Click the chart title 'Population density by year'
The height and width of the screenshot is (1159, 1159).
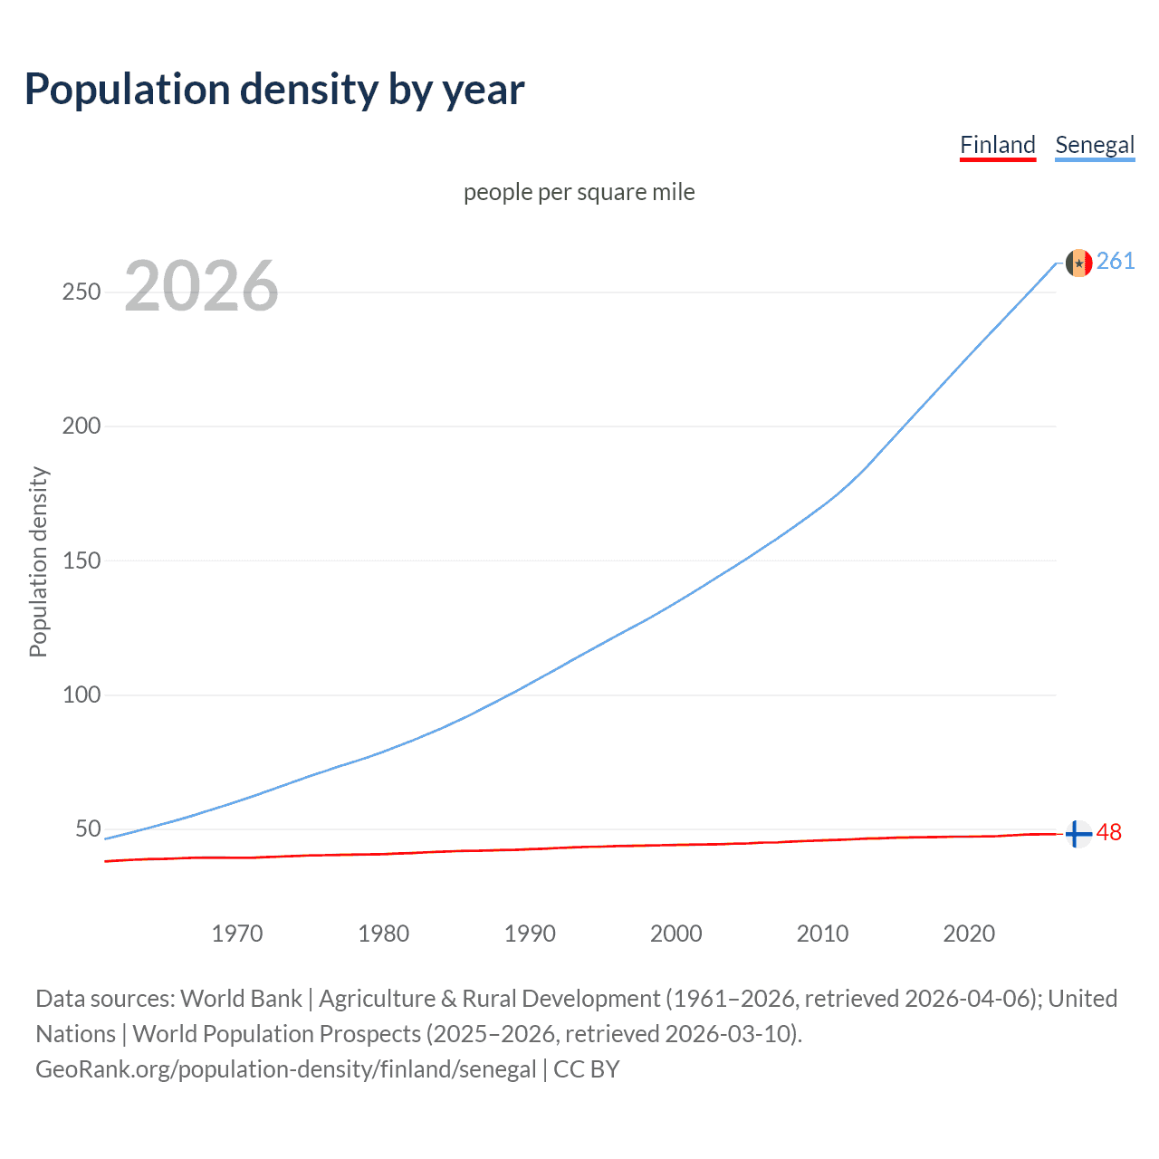tap(274, 90)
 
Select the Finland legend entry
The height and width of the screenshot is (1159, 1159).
tap(997, 145)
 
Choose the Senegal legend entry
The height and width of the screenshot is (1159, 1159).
tap(1095, 145)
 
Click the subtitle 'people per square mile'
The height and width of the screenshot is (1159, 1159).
tap(579, 192)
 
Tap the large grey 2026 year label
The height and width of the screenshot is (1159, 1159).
tap(201, 286)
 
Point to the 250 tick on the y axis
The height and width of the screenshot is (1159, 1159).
tap(81, 292)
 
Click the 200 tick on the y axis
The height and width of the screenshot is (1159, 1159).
tap(81, 426)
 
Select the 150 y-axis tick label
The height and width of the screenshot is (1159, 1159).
tap(81, 560)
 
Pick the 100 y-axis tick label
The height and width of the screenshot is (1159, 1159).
tap(81, 694)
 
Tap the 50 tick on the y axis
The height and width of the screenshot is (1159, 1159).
tap(88, 829)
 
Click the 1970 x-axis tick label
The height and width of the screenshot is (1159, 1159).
tap(237, 934)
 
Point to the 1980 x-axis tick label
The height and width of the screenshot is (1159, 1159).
tap(384, 934)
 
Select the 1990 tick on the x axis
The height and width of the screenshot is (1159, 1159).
tap(530, 934)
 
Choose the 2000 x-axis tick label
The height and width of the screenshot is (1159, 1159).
tap(676, 934)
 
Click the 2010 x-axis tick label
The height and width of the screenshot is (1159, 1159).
tap(822, 934)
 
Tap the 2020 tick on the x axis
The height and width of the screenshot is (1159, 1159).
tap(969, 934)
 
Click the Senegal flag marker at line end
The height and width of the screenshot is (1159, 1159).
tap(1078, 263)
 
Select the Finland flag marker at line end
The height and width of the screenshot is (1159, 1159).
tap(1078, 833)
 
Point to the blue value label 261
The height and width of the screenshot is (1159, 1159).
tap(1116, 262)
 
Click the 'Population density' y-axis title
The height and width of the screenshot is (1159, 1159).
tap(38, 561)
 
